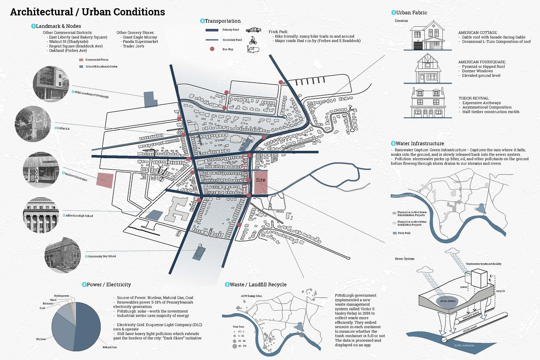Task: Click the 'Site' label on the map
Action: (x=261, y=180)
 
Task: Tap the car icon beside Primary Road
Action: (x=253, y=30)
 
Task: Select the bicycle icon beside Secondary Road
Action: (x=253, y=40)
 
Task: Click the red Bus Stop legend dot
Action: (x=212, y=49)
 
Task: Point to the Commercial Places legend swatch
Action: (x=81, y=60)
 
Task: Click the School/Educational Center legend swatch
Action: (x=81, y=67)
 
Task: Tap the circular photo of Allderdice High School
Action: (x=41, y=215)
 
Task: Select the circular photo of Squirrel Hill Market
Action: (x=41, y=170)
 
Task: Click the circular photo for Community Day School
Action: (x=62, y=256)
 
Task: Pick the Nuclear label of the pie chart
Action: (x=41, y=339)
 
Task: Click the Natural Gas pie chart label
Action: (x=109, y=347)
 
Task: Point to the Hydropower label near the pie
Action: (x=62, y=296)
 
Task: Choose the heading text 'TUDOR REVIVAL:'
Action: (x=474, y=98)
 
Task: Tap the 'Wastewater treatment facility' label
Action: (x=483, y=264)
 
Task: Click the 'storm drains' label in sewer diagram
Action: (x=448, y=301)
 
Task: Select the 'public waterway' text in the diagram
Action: (x=464, y=345)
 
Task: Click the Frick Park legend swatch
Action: (x=395, y=233)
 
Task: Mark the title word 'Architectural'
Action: (x=42, y=12)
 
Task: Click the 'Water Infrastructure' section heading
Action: (x=420, y=144)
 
